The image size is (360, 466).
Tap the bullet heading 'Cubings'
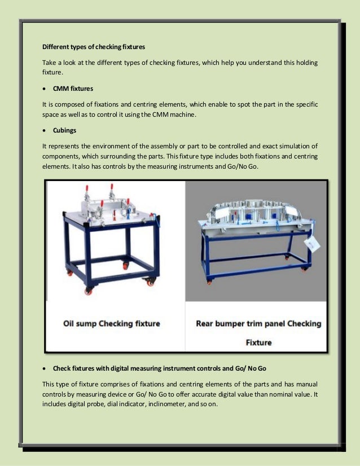[x=64, y=130]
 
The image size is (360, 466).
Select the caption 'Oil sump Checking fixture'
[x=111, y=324]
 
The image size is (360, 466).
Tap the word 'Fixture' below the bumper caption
[x=258, y=342]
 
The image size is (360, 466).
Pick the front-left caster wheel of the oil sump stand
[x=89, y=290]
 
